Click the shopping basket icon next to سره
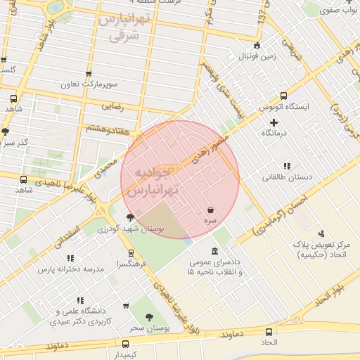pyautogui.click(x=211, y=210)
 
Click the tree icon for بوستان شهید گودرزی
pyautogui.click(x=129, y=217)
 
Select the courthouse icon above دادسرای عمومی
pyautogui.click(x=214, y=252)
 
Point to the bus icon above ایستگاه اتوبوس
pyautogui.click(x=283, y=96)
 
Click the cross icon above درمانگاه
pyautogui.click(x=274, y=123)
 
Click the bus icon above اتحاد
pyautogui.click(x=269, y=332)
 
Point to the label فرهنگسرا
pyautogui.click(x=131, y=264)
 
